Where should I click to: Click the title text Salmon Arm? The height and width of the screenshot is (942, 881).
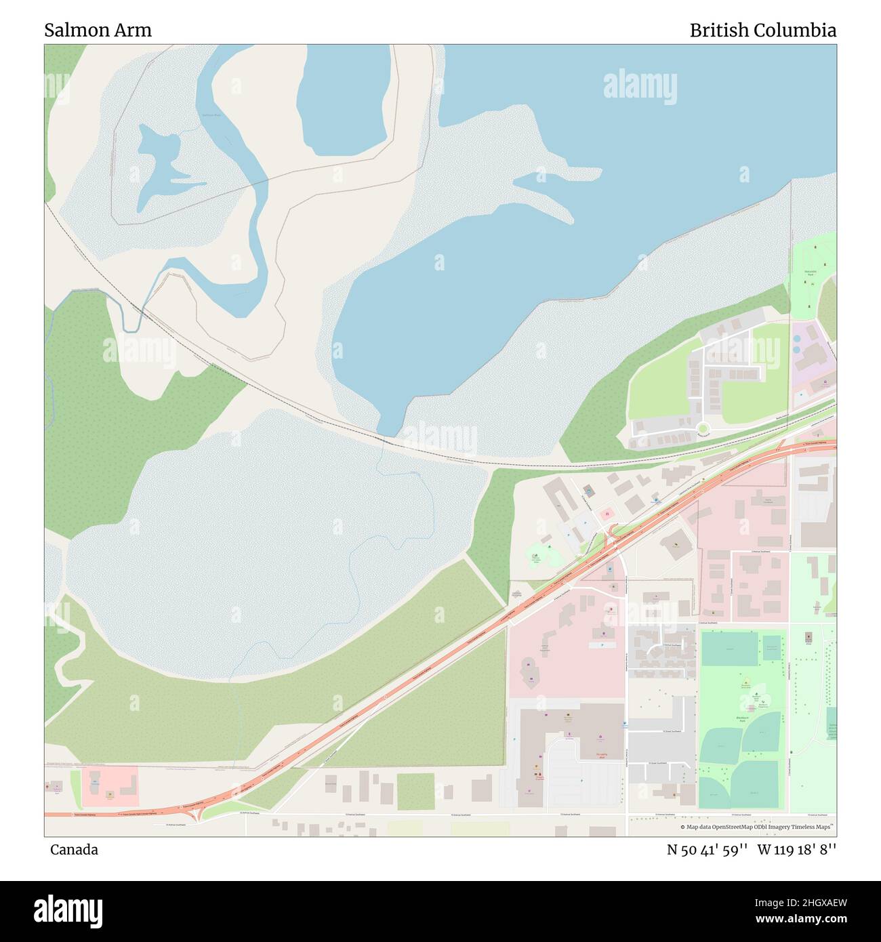coord(98,30)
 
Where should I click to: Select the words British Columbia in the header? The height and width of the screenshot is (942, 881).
coord(762,30)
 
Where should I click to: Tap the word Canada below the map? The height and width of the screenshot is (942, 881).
coord(74,849)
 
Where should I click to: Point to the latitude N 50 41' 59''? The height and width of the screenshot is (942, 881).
coord(707,849)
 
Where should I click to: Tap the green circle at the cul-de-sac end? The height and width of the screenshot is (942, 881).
coord(703,428)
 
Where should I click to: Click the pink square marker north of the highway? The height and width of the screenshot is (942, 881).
coord(607,514)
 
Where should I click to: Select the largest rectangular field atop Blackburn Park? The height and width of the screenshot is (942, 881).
coord(729,649)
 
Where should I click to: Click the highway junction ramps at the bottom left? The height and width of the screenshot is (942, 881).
coord(197,815)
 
